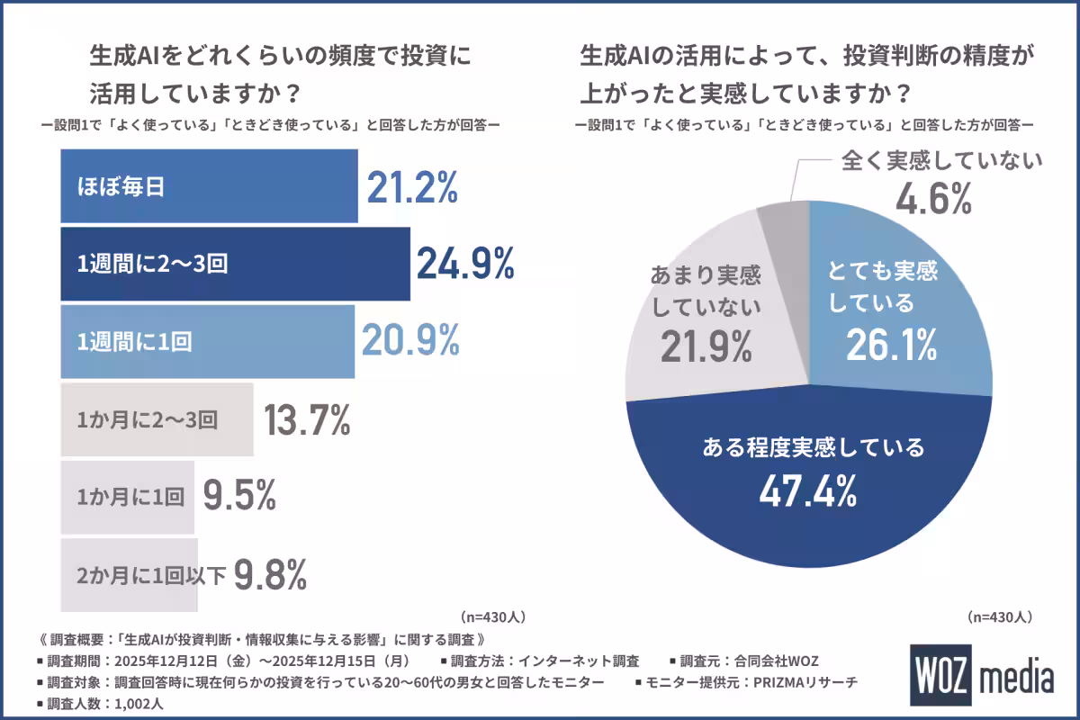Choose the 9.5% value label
[238, 496]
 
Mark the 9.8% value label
[271, 573]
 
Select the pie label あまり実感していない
[706, 291]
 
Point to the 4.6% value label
[932, 199]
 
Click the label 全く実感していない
[940, 161]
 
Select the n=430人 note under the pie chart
[999, 617]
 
